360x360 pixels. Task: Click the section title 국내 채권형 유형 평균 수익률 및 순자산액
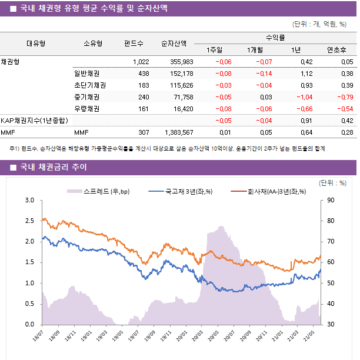93,8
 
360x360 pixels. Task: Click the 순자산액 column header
174,43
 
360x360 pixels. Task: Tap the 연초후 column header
336,49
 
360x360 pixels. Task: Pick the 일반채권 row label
86,74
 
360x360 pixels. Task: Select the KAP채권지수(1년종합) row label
34,121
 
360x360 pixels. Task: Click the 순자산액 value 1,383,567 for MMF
176,132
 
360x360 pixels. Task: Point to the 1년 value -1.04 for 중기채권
304,97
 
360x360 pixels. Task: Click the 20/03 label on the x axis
198,336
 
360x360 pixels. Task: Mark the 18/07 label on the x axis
39,336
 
